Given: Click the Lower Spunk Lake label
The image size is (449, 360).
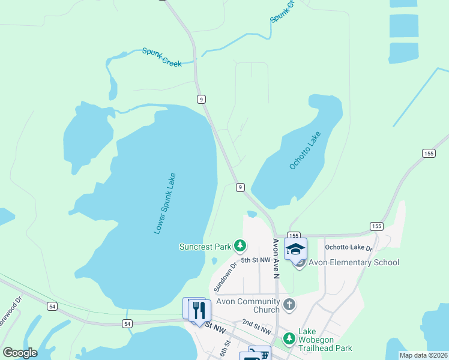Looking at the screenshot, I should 164,203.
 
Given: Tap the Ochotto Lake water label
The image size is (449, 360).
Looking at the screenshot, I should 305,150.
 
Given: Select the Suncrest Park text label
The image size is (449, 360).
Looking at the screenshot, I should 205,246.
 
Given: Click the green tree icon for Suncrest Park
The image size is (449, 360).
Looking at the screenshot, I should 240,245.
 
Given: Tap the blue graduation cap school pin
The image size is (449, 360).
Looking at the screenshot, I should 295,249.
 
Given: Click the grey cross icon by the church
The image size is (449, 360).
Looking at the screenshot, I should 289,305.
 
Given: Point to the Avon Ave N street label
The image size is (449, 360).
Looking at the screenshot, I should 276,259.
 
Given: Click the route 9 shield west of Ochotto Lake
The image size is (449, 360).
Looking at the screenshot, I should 240,187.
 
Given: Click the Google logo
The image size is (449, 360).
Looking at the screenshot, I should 20,353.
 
